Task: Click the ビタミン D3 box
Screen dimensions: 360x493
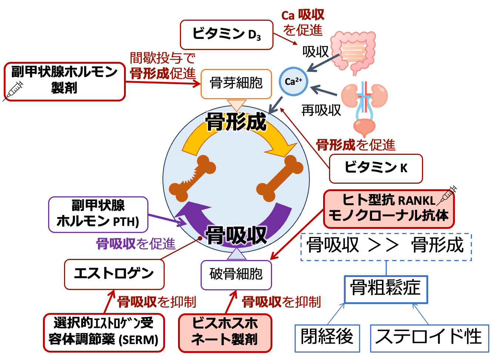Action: tap(227, 35)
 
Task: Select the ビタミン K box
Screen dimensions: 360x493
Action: tap(376, 169)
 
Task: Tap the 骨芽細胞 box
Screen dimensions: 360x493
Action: tap(236, 84)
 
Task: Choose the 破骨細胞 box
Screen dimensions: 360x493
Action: tap(236, 275)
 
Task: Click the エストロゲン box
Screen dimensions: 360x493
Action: tap(114, 274)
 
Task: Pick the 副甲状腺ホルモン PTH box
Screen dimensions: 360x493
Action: tap(98, 214)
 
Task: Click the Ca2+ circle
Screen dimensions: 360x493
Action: tap(294, 82)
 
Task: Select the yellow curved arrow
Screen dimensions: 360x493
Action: tap(237, 139)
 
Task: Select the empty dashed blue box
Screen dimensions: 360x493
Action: tap(386, 247)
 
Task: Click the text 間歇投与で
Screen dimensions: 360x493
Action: tap(162, 58)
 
